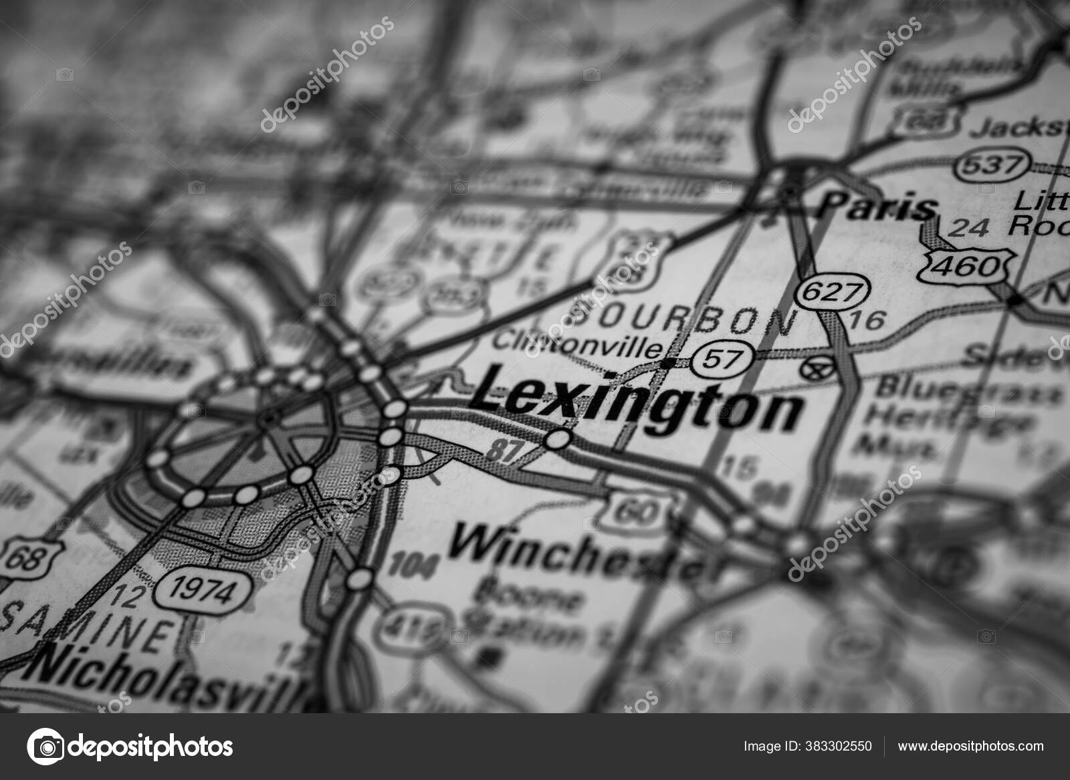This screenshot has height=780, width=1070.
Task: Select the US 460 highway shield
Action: click(x=967, y=265)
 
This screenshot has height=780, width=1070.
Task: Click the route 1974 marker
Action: click(x=203, y=590)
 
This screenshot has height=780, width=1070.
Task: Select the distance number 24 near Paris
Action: click(x=969, y=227)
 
